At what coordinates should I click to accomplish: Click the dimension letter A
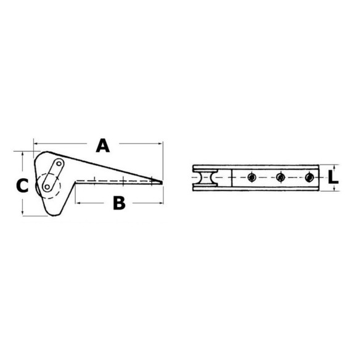(102, 145)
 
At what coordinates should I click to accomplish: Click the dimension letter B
(119, 203)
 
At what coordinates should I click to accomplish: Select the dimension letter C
(22, 186)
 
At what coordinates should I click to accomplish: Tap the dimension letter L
(333, 178)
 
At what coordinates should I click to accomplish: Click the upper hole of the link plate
(59, 163)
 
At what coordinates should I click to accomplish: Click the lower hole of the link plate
(47, 187)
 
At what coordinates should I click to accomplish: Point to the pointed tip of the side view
(162, 182)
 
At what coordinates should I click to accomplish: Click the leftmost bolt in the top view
(252, 178)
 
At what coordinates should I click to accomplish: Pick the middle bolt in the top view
(280, 178)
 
